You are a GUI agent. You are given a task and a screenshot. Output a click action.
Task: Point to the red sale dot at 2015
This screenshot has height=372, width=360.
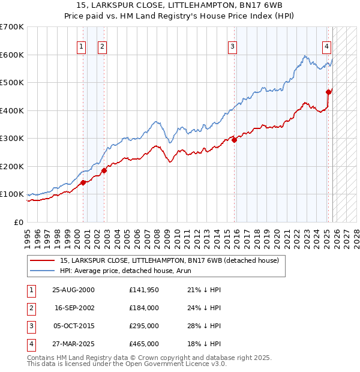[235, 140]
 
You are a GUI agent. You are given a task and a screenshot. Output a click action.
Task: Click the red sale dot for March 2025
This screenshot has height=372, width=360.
[328, 92]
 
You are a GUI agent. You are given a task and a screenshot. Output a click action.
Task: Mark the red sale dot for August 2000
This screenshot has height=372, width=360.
[83, 182]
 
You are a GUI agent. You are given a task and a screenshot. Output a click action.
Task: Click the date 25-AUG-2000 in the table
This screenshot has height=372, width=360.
[74, 289]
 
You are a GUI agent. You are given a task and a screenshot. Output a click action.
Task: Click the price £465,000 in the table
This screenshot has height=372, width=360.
[144, 344]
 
